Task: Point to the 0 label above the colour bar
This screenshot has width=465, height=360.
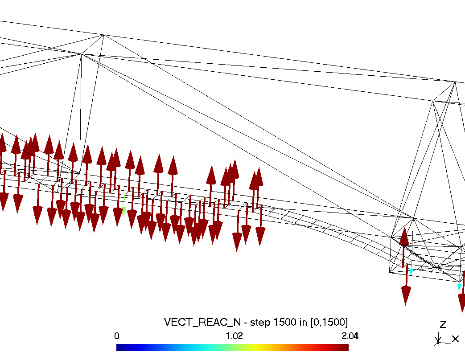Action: [117, 336]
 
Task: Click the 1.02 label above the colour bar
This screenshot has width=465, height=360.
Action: [234, 336]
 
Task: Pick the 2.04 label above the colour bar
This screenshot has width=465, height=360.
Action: [350, 336]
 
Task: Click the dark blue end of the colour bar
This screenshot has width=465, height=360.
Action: [119, 347]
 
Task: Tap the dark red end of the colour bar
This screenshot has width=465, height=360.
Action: [346, 347]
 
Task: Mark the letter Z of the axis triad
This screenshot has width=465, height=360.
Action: [443, 325]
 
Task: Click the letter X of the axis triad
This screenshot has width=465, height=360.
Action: [456, 339]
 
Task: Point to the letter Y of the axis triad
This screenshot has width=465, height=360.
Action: [438, 340]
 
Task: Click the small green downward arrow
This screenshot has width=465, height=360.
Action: [124, 206]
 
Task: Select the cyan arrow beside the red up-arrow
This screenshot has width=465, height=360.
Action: [411, 268]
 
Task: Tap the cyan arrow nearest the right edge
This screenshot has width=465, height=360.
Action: [459, 283]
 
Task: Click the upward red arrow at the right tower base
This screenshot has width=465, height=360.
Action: [403, 247]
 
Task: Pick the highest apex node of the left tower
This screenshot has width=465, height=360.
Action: [103, 35]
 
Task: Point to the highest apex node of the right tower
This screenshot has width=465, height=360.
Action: [455, 82]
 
